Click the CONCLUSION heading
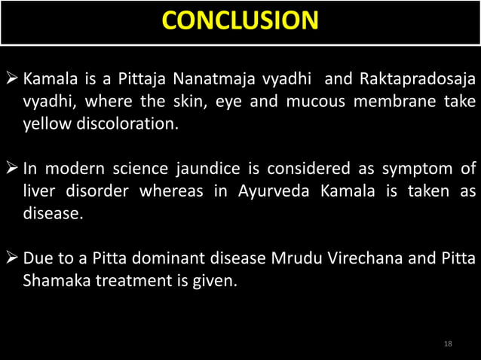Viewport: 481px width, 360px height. (240, 20)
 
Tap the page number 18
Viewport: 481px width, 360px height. (449, 344)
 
